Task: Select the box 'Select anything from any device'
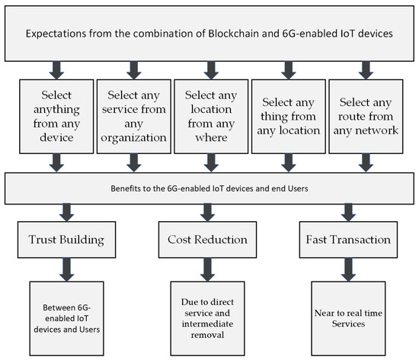[x=55, y=117]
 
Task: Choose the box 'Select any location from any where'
[x=209, y=117]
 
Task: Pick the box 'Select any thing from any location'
[x=286, y=117]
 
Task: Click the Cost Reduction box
[x=208, y=239]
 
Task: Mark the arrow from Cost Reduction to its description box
[x=208, y=268]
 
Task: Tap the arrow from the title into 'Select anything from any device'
[x=55, y=70]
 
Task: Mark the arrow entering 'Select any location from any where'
[x=209, y=70]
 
